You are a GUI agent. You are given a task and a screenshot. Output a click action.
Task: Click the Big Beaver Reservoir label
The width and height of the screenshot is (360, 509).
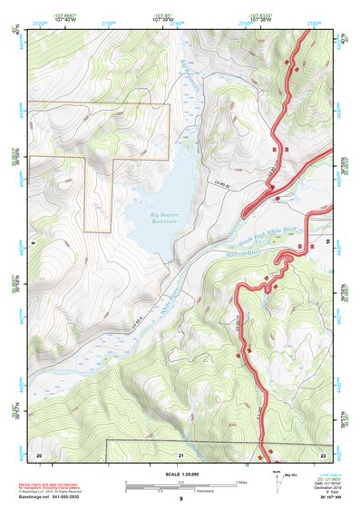coord(164,216)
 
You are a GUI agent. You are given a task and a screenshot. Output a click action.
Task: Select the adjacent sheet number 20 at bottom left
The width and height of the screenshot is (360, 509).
coord(39,453)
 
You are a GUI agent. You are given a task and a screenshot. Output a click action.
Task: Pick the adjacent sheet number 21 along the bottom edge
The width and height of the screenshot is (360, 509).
coord(180,453)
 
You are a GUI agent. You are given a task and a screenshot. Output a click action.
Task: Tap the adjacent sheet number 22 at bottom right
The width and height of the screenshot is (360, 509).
coord(322,453)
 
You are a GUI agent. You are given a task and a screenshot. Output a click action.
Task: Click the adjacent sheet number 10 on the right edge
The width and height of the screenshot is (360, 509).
coord(327,242)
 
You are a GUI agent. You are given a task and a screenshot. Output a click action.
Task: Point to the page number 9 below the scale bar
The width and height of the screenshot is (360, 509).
coord(180,498)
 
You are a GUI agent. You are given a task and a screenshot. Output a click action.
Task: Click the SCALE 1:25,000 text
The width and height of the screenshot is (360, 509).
coord(180,475)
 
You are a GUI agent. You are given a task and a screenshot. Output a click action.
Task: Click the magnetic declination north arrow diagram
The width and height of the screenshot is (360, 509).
coord(277,481)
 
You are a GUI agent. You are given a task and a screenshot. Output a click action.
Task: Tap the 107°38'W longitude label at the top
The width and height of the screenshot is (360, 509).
coord(262,19)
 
